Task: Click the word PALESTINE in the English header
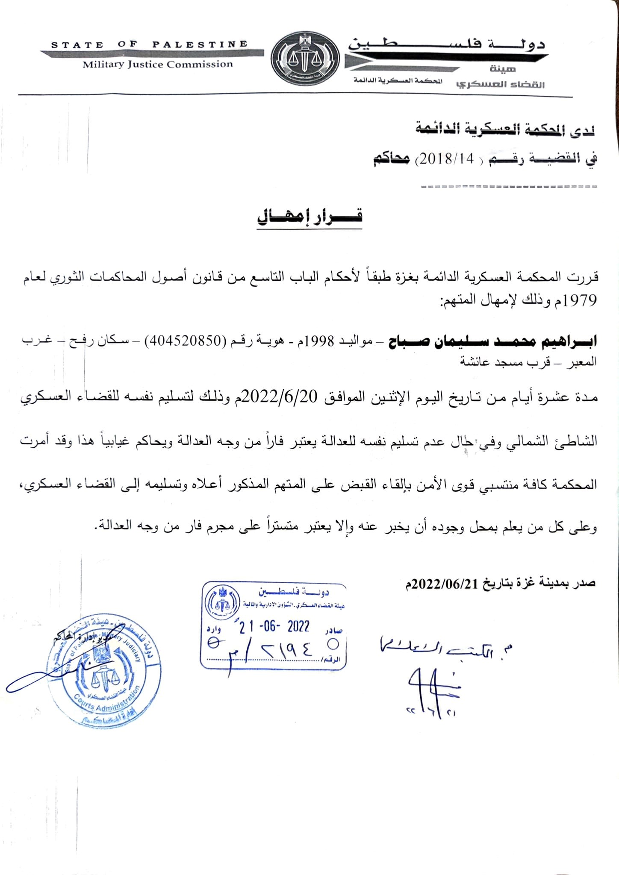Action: [x=200, y=44]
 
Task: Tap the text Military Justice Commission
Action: [x=157, y=65]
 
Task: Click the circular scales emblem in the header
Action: [x=306, y=60]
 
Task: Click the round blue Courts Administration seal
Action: [x=103, y=672]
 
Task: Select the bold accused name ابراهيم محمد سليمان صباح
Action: [x=492, y=342]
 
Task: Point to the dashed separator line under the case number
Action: [x=509, y=187]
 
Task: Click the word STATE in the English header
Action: [x=77, y=45]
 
